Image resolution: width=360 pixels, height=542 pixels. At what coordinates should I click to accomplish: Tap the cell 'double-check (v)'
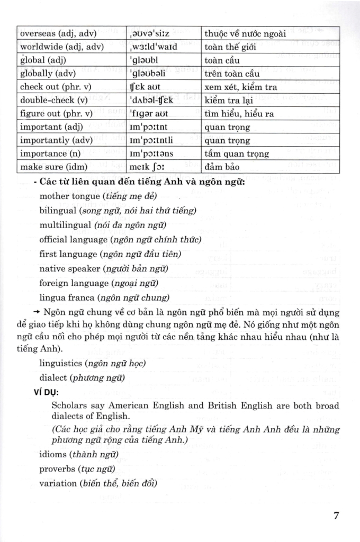coord(53,100)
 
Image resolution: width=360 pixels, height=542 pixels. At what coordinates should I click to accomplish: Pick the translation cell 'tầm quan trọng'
coord(237,154)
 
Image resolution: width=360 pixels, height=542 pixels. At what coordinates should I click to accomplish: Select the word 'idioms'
coord(53,454)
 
